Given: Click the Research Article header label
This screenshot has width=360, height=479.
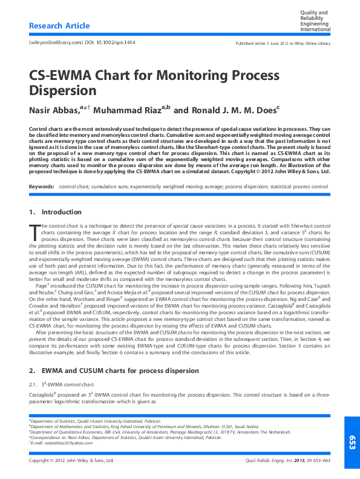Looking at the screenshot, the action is tap(59, 26).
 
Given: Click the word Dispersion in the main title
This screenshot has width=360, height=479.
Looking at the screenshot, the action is tap(63, 91).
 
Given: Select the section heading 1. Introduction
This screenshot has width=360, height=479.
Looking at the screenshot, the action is tap(55, 212).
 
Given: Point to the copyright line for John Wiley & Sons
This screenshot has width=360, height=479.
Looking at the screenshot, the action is tap(71, 461).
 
